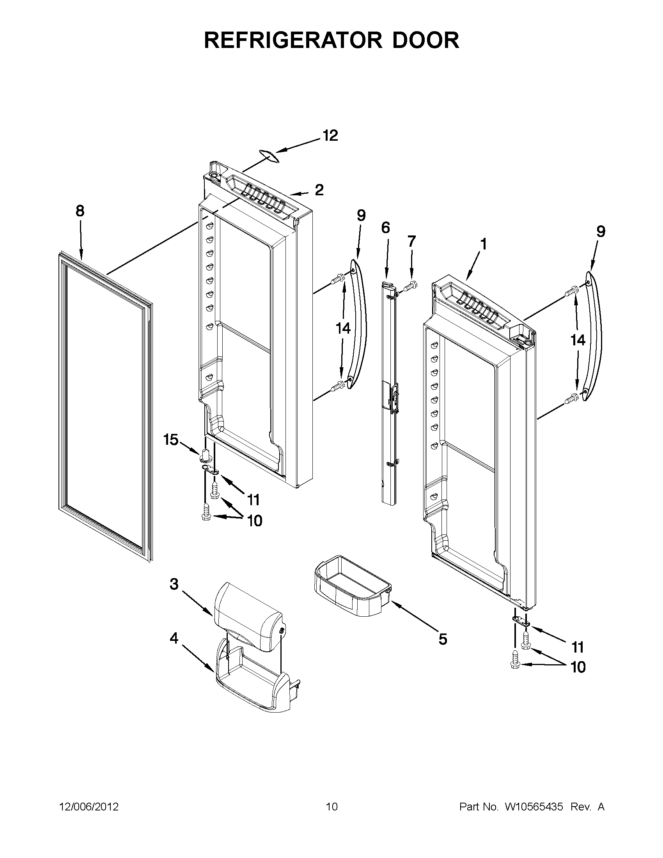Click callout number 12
click(330, 136)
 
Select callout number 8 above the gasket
click(80, 211)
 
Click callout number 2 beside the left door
click(319, 190)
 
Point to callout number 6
click(386, 228)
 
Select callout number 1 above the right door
click(483, 244)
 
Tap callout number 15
click(171, 440)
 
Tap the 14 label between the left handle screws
click(343, 328)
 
